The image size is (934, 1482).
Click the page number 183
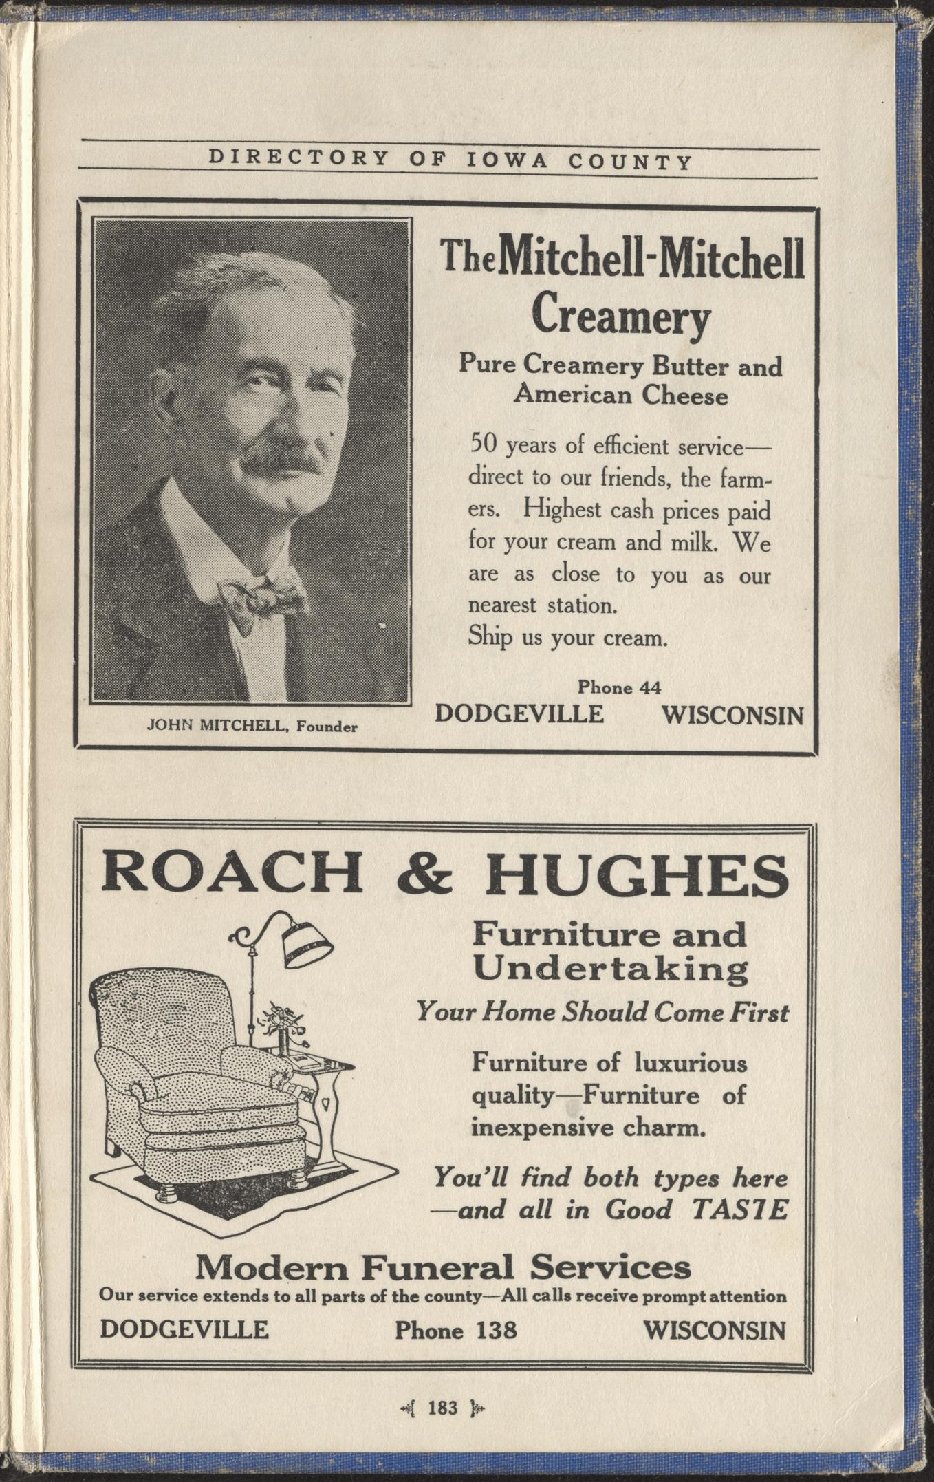442,1408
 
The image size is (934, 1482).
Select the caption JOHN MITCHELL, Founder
252,725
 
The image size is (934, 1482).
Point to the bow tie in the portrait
261,597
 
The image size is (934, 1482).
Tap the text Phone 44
619,687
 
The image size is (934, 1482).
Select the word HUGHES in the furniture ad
636,872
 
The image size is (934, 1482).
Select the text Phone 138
455,1329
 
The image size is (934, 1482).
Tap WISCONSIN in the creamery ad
732,716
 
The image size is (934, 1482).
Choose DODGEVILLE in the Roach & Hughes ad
184,1329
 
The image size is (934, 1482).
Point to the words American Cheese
621,396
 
